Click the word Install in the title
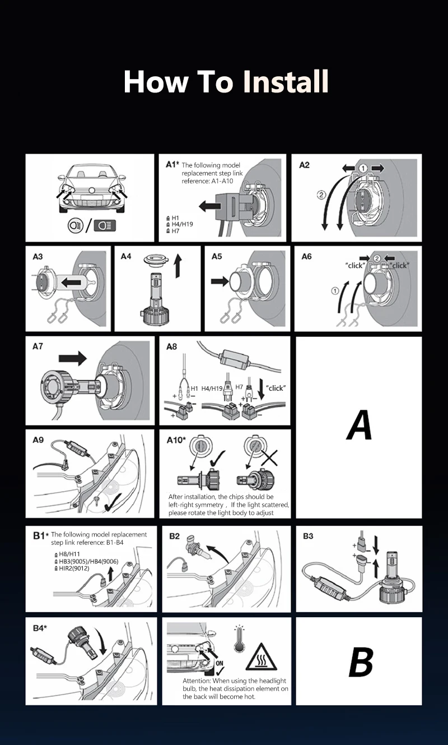pyautogui.click(x=286, y=82)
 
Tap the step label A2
pyautogui.click(x=304, y=165)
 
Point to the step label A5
pyautogui.click(x=217, y=257)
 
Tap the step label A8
pyautogui.click(x=171, y=347)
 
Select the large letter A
pyautogui.click(x=360, y=426)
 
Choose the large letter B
pyautogui.click(x=360, y=661)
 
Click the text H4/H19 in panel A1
pyautogui.click(x=183, y=224)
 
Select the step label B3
pyautogui.click(x=308, y=536)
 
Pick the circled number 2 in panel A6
pyautogui.click(x=377, y=258)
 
